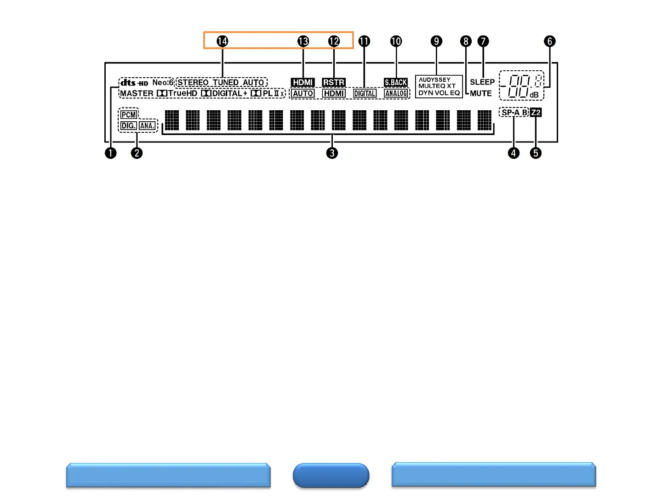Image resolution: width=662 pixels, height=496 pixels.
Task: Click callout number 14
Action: click(x=222, y=41)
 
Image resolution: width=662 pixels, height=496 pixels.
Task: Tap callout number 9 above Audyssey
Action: click(x=436, y=41)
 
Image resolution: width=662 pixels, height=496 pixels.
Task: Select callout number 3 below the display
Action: click(x=332, y=153)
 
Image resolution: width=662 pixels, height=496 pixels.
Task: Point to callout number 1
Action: click(x=110, y=153)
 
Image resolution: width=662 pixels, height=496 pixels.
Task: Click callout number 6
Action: click(x=549, y=41)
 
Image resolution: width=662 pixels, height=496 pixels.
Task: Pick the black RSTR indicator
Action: click(x=334, y=83)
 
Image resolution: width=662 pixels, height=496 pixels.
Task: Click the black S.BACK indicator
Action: click(x=396, y=83)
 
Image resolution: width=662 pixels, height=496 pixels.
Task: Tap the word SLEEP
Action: click(x=482, y=82)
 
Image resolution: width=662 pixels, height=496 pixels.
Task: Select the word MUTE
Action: click(x=481, y=93)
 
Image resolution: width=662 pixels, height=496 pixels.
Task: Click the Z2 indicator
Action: click(x=536, y=113)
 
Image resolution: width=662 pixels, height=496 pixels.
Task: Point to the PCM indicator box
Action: click(x=129, y=115)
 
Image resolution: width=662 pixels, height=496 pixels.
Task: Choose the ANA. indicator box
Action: click(x=147, y=126)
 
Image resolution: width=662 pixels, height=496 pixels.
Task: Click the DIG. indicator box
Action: click(x=128, y=126)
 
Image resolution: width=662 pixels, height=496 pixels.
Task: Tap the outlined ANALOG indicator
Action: click(x=396, y=94)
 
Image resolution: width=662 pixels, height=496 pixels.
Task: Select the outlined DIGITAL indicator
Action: click(x=365, y=94)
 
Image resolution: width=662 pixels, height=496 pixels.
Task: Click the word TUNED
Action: click(x=226, y=83)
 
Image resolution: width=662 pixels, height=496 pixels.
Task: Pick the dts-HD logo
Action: click(x=134, y=83)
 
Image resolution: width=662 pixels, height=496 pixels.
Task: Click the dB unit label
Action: click(x=534, y=95)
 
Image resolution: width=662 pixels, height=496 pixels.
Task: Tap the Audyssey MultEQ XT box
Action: click(x=439, y=86)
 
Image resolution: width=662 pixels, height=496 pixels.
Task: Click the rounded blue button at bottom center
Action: click(x=331, y=475)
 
